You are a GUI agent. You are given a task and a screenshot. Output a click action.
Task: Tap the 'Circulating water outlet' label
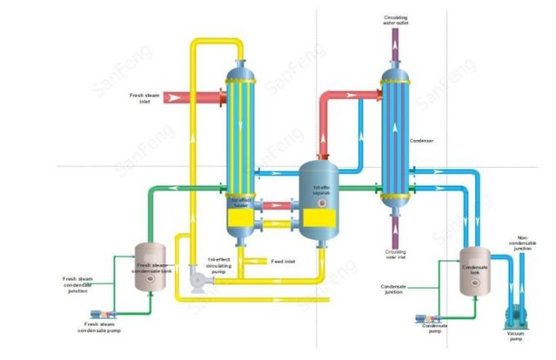[x=397, y=19]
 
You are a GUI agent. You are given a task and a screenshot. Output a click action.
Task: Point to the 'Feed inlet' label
[x=283, y=262]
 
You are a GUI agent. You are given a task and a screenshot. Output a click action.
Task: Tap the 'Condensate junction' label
[x=397, y=290]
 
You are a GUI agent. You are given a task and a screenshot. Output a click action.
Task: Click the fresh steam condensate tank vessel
[x=150, y=265]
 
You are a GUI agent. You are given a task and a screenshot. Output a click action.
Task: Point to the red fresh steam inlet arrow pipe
[x=192, y=98]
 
